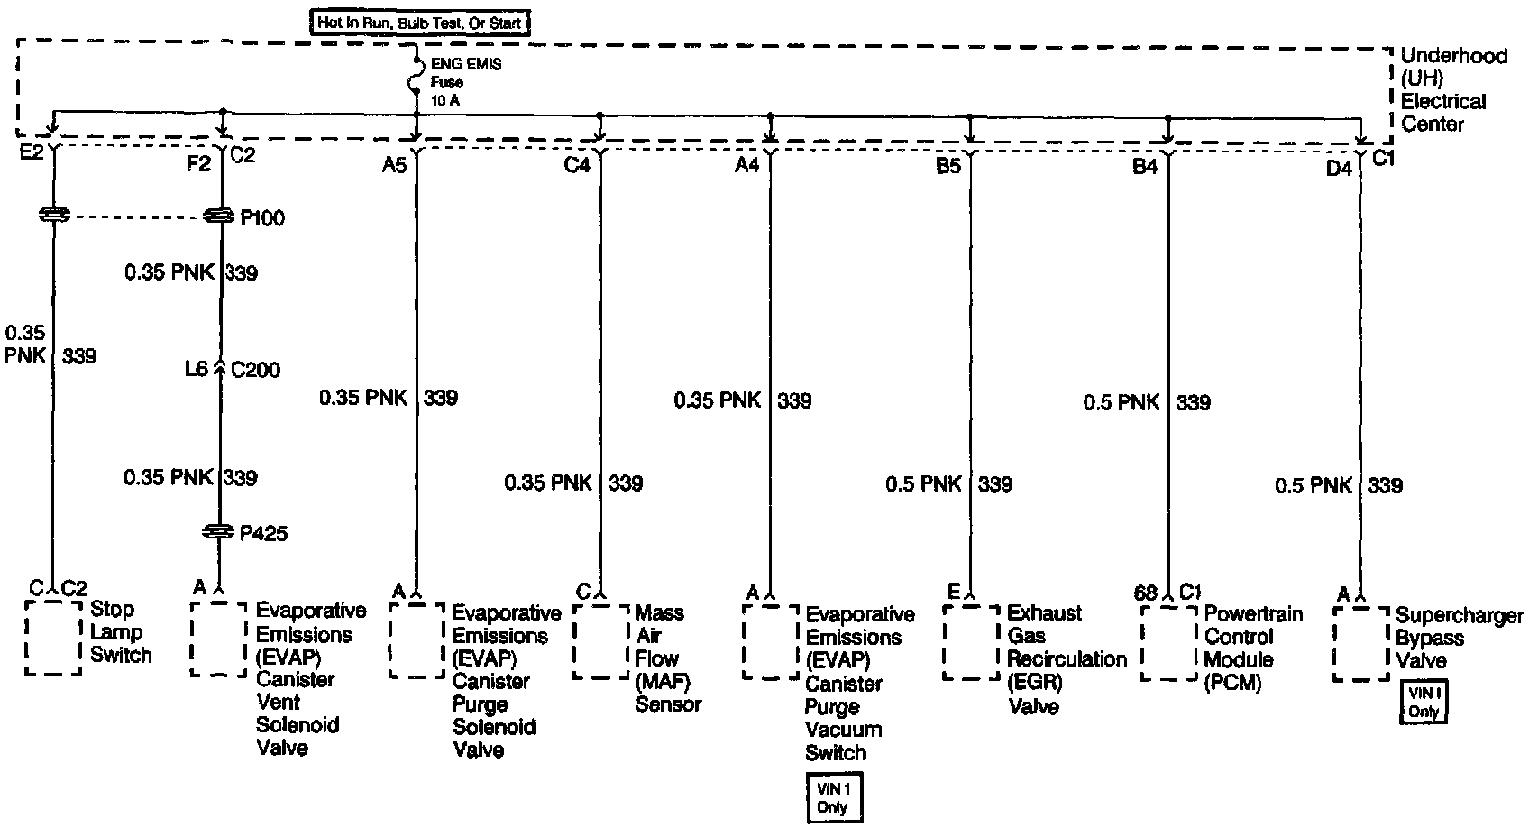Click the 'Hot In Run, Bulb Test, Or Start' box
(419, 23)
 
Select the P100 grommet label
(262, 218)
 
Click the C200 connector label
(255, 369)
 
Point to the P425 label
(263, 533)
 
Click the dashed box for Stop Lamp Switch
(53, 637)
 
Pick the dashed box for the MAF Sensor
(600, 641)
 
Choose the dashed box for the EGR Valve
(971, 642)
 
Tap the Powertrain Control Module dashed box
(1169, 642)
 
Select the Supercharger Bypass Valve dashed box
(1360, 643)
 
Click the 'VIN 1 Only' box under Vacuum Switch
(833, 797)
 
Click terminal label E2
(32, 152)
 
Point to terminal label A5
(394, 164)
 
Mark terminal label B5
(948, 166)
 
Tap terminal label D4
(1339, 167)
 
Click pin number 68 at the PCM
(1145, 593)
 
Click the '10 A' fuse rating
(445, 100)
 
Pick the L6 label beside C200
(197, 369)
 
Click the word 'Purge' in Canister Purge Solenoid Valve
(481, 704)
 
